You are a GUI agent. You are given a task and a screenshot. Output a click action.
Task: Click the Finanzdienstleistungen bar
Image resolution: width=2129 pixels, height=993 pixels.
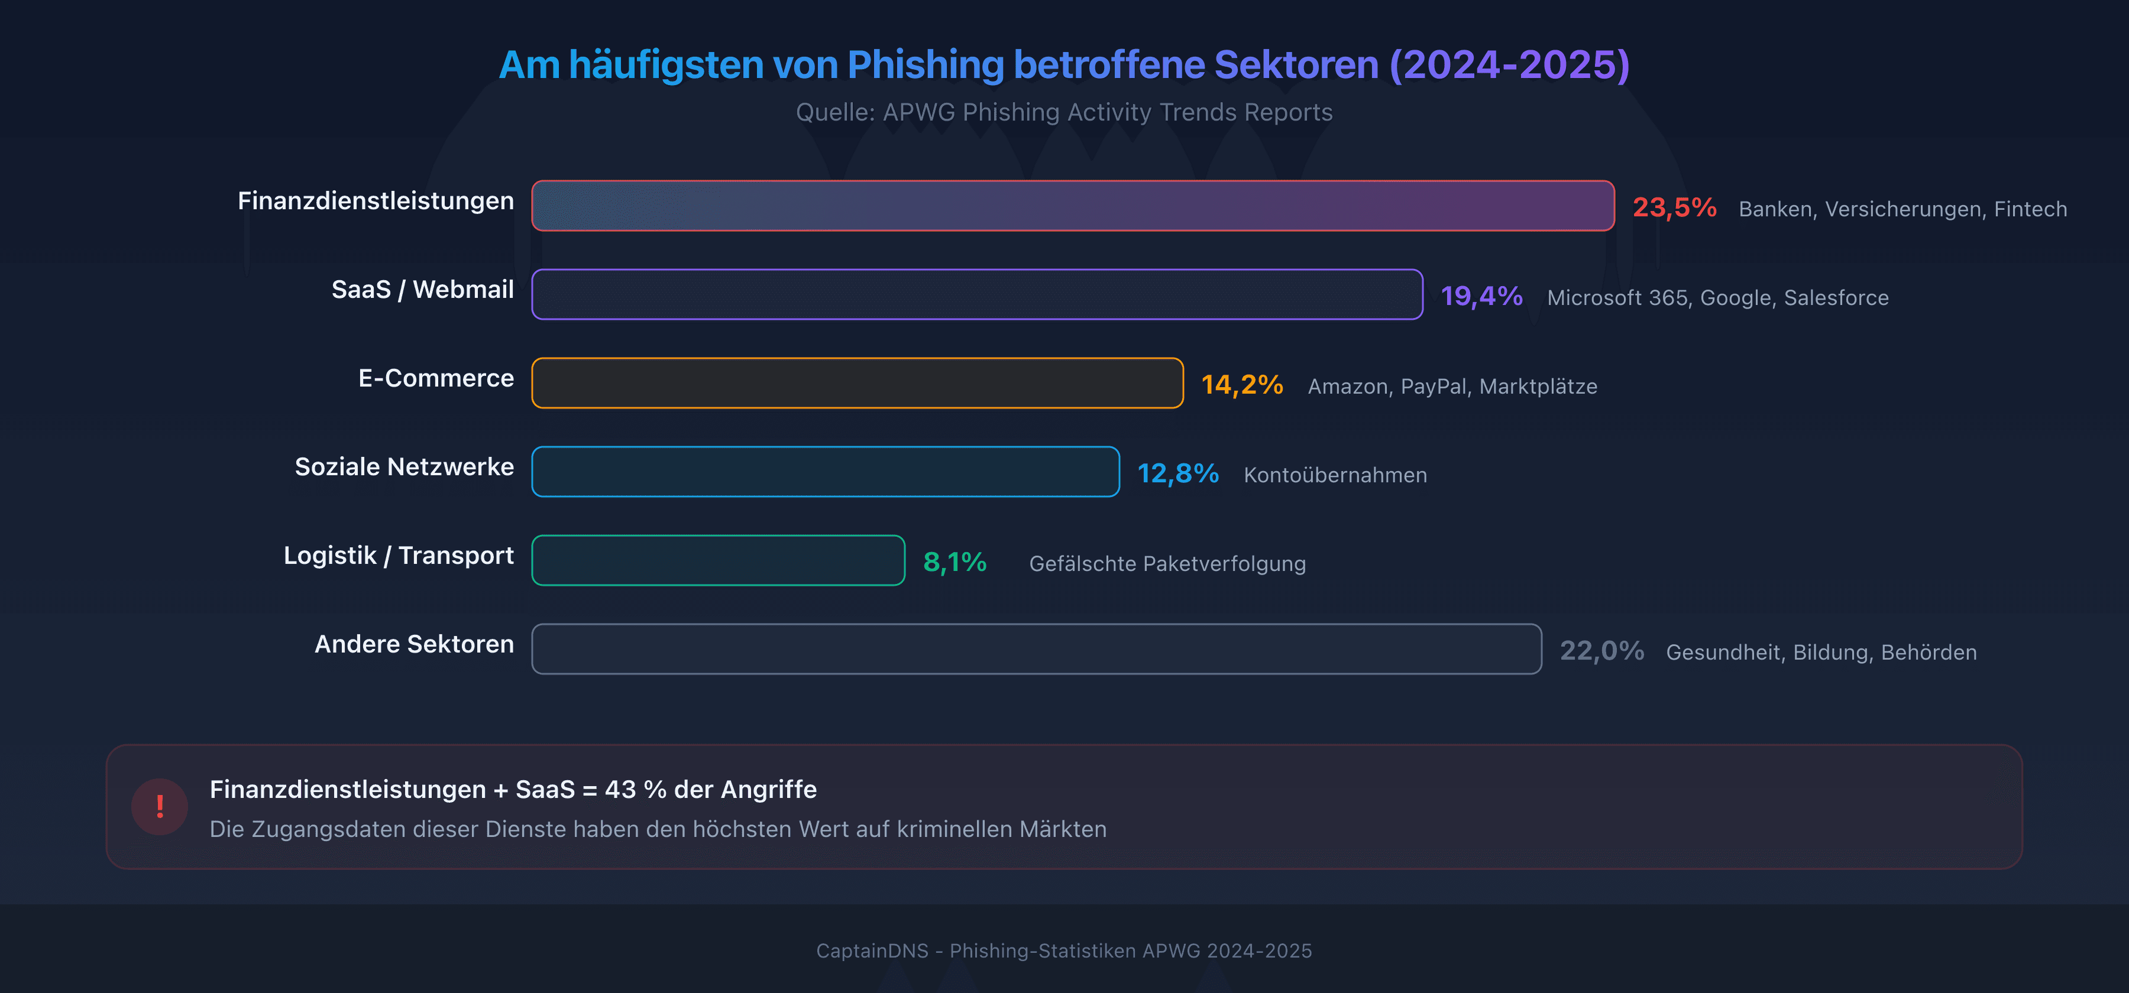pos(1073,206)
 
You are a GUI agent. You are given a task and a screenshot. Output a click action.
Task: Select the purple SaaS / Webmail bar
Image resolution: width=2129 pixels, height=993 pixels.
pos(977,294)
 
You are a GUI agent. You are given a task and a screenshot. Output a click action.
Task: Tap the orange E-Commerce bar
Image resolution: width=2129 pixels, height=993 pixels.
pos(857,384)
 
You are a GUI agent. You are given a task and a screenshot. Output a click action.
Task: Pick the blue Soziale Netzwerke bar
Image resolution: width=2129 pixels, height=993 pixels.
pos(825,472)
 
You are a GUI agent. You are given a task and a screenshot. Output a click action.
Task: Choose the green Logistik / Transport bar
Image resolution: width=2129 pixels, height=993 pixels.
pos(718,560)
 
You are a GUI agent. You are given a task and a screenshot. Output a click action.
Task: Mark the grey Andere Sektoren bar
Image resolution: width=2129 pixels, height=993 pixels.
pos(1036,650)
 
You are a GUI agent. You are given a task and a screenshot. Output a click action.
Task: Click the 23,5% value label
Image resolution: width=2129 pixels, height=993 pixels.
pos(1674,207)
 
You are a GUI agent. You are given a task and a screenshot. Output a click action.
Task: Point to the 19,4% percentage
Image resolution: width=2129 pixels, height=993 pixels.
pos(1481,296)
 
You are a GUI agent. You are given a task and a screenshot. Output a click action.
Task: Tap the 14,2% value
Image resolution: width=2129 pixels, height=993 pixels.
pos(1241,385)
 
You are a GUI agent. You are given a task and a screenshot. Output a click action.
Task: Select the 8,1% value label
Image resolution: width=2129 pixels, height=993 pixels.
pos(955,563)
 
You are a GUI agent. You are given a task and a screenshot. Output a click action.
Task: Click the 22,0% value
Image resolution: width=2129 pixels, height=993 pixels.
pos(1601,651)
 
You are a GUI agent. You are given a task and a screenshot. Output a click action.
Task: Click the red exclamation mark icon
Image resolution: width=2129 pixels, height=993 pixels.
pos(160,806)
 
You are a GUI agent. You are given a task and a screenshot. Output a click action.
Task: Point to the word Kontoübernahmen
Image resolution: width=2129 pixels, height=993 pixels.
pos(1335,475)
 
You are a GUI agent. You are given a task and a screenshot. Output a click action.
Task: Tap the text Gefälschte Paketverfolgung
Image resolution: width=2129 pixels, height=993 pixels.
pos(1167,563)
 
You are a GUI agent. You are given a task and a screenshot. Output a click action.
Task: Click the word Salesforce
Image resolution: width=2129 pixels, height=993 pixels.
pos(1836,297)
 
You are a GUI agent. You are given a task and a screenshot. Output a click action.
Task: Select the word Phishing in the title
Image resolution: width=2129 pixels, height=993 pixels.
pos(925,64)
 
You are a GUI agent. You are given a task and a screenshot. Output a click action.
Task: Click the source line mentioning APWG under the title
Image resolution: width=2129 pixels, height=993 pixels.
pos(1064,112)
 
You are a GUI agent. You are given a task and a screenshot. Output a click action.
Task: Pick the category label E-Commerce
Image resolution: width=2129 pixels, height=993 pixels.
pos(435,378)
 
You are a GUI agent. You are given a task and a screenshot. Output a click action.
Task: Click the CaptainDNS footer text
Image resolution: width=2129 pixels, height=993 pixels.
pos(1064,951)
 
